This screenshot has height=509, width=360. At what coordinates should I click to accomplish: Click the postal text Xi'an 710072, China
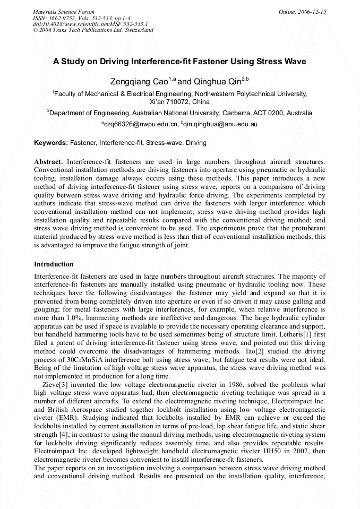coord(179,101)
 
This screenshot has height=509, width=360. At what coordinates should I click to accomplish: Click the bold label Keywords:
coord(51,143)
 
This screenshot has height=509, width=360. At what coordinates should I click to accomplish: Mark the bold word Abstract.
coord(49,161)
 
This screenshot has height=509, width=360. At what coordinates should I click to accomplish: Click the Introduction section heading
coord(54,264)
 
